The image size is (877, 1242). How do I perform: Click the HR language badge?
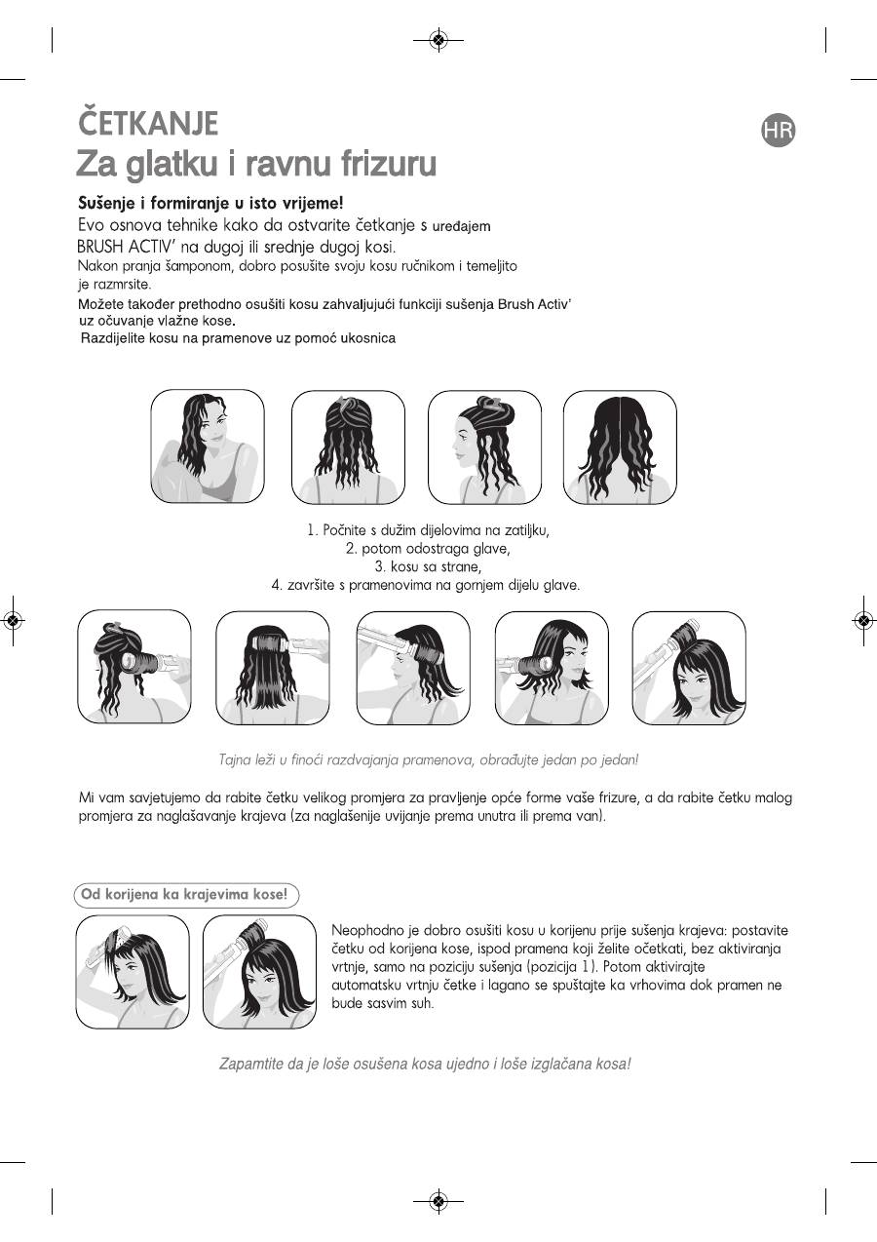[779, 131]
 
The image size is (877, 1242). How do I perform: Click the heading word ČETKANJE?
[147, 124]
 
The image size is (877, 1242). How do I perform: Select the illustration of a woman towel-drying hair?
[207, 446]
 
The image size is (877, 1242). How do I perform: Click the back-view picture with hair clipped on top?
[348, 446]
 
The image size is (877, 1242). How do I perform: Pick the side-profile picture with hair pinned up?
[484, 446]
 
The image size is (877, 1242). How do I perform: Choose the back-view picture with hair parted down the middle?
[620, 446]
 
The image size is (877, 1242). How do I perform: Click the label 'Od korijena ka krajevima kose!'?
[186, 894]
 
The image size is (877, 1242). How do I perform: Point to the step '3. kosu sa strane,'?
[429, 566]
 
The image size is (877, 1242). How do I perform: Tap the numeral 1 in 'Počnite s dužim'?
[312, 531]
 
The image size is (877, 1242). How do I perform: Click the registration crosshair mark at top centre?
[438, 40]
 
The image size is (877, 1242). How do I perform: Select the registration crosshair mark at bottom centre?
[438, 1201]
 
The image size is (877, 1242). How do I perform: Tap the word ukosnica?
[364, 338]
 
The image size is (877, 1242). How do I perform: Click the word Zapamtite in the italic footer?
[249, 1064]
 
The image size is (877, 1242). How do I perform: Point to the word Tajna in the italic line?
[234, 759]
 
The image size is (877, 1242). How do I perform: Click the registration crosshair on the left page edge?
[13, 620]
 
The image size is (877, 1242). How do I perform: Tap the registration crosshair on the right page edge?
[862, 620]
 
